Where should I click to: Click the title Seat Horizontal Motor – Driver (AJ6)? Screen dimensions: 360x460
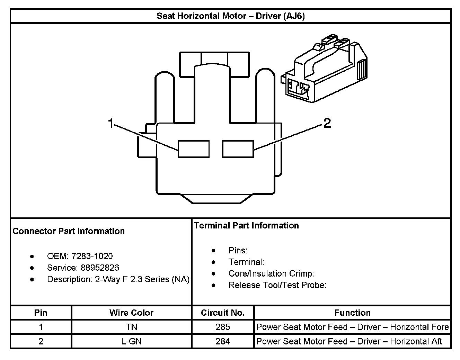pos(231,16)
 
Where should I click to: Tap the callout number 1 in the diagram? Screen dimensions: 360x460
pos(111,123)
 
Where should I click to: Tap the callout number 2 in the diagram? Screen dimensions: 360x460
pos(327,123)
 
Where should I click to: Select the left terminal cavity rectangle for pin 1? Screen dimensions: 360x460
pos(194,149)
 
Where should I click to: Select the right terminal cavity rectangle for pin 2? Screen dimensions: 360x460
pos(238,149)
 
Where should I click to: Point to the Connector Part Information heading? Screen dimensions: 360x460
pos(69,231)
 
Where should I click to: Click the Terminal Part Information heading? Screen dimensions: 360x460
pos(246,225)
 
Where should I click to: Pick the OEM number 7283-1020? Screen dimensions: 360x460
pos(92,256)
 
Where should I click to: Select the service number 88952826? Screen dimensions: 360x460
pos(100,268)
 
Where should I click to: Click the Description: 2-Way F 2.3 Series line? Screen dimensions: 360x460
pos(118,279)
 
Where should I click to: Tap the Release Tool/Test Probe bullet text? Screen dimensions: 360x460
pos(277,285)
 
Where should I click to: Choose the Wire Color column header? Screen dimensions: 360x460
pos(131,313)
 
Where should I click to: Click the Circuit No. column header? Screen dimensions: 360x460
pos(223,313)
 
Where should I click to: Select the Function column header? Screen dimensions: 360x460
pos(352,313)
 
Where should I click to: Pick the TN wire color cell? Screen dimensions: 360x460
pos(131,327)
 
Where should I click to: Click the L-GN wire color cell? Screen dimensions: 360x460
pos(131,341)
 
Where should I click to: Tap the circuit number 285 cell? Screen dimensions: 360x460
pos(223,327)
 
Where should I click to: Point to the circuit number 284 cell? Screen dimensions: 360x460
pos(223,341)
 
